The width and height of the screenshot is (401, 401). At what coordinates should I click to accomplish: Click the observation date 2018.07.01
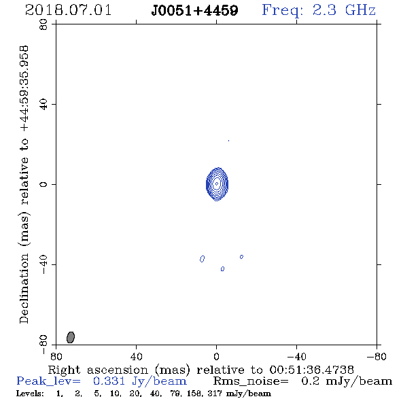[x=68, y=10]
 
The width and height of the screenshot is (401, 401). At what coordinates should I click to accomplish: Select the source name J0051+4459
[x=194, y=10]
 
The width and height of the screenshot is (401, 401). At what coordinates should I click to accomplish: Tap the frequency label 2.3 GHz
[x=344, y=10]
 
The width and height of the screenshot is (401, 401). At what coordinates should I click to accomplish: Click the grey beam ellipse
[x=71, y=337]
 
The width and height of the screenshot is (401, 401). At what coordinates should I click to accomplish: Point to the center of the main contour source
[x=217, y=184]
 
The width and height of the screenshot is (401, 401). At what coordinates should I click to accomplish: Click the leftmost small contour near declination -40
[x=202, y=259]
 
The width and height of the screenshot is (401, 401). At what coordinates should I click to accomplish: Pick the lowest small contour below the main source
[x=222, y=268]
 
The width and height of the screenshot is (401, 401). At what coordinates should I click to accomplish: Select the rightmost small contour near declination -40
[x=241, y=257]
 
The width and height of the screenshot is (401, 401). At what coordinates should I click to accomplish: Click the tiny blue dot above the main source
[x=228, y=141]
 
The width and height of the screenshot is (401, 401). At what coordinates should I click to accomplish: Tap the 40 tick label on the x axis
[x=136, y=356]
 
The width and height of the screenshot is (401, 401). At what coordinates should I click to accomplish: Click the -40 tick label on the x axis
[x=296, y=356]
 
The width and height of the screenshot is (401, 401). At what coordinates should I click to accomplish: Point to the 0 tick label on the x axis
[x=216, y=356]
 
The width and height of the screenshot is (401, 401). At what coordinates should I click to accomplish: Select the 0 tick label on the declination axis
[x=43, y=184]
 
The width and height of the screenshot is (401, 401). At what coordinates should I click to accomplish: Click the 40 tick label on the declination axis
[x=43, y=105]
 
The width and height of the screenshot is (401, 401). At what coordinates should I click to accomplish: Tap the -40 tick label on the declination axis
[x=43, y=264]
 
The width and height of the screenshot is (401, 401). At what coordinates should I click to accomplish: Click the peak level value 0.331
[x=109, y=381]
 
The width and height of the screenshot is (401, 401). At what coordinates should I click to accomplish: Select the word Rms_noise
[x=251, y=381]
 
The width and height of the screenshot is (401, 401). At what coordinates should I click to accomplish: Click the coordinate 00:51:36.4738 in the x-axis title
[x=312, y=370]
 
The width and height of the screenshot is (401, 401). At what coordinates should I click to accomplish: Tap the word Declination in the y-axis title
[x=24, y=289]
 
